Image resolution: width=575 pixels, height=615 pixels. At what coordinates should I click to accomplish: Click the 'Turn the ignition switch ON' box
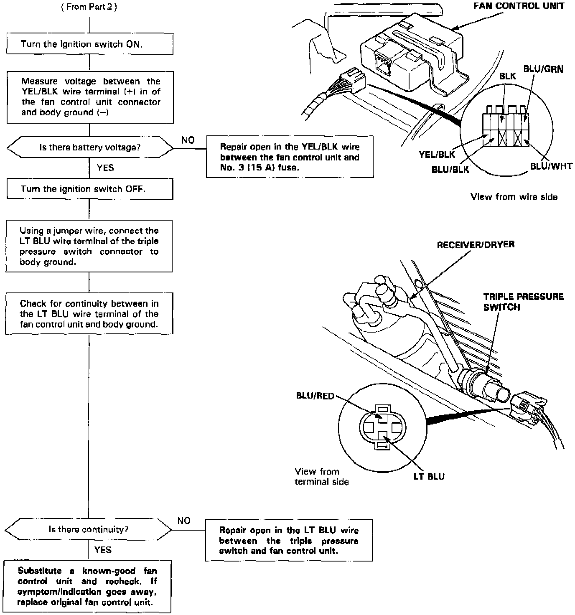tap(89, 44)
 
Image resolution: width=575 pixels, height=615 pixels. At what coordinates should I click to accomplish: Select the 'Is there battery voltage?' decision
tap(90, 147)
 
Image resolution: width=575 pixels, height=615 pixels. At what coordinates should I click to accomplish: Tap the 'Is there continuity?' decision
tap(88, 530)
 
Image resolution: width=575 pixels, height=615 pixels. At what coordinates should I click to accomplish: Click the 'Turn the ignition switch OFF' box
tap(89, 189)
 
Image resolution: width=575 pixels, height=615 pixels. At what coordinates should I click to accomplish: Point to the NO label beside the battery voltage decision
tap(188, 140)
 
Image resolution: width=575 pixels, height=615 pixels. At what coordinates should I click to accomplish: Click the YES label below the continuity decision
tap(103, 550)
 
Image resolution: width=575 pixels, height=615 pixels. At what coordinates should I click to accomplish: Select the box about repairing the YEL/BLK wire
tap(290, 157)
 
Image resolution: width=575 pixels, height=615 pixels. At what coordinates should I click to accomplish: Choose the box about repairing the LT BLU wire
tap(289, 540)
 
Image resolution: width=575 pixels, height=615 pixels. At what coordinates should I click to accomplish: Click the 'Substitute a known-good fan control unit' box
tap(87, 587)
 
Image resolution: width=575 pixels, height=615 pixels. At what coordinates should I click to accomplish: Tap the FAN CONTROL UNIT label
tap(519, 6)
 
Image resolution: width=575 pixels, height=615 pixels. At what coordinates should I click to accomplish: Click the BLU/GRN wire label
tap(543, 69)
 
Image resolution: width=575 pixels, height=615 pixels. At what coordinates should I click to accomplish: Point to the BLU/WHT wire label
tap(551, 166)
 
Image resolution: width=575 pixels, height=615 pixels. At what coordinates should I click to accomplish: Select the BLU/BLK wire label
tap(450, 170)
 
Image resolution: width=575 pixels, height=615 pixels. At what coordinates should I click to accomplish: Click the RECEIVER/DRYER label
tap(476, 245)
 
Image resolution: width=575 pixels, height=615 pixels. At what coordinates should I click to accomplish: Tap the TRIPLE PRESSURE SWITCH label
tap(523, 302)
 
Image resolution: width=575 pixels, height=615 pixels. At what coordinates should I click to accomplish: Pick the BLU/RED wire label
tap(315, 395)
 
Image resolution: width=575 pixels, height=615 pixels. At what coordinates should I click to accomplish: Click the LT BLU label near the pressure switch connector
tap(429, 476)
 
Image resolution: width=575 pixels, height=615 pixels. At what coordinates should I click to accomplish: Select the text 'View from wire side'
tap(514, 197)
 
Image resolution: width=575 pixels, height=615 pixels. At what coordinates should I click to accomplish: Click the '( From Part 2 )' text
tap(89, 8)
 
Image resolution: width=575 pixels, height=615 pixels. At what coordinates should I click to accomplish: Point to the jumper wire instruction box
tap(89, 246)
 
